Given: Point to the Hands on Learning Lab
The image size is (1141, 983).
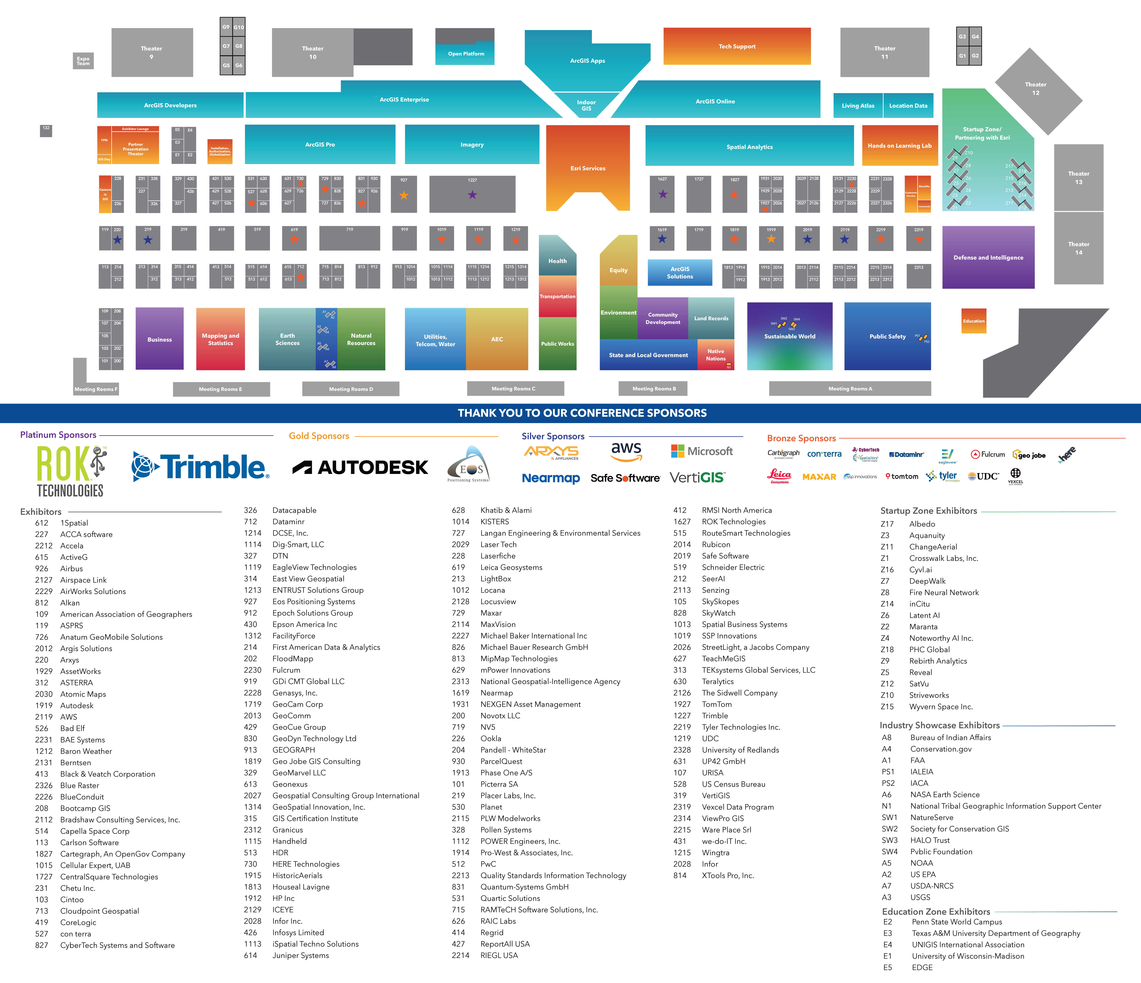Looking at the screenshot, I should tap(899, 146).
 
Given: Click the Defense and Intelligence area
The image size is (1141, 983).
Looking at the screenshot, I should tap(988, 258).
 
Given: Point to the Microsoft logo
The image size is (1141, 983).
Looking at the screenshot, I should tap(702, 451).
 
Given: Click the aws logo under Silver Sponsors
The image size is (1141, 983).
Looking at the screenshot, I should tap(626, 451).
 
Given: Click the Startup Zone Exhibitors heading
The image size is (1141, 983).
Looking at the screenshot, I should tap(928, 511).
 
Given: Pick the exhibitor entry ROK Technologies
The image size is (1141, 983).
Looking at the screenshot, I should tap(733, 522).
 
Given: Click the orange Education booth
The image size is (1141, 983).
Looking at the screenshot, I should tap(974, 321).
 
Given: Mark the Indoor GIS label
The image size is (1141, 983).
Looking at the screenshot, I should tap(586, 105).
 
